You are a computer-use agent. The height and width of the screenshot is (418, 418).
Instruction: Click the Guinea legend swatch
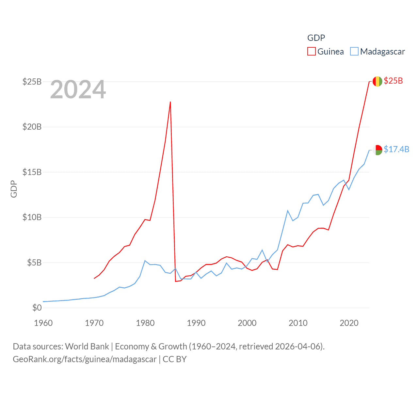pos(312,52)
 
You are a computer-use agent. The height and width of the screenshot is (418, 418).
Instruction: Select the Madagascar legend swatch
pos(354,52)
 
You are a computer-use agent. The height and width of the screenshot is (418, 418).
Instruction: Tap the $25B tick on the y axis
pos(32,82)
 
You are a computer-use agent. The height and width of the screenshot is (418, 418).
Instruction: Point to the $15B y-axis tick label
pos(32,172)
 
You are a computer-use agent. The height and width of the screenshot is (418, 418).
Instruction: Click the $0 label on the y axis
pos(37,308)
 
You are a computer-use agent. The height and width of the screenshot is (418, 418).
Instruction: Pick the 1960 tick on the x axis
pos(43,323)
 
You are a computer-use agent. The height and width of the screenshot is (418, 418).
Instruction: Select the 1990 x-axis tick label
pos(196,323)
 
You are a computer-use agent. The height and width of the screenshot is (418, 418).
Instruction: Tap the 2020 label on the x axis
pos(349,323)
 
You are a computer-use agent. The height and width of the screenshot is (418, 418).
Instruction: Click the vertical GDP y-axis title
pos(14,189)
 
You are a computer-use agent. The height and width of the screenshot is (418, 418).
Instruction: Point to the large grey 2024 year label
pos(78,89)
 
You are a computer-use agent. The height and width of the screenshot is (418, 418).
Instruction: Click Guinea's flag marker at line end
pos(378,81)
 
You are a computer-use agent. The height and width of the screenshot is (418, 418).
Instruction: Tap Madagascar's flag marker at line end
pos(378,150)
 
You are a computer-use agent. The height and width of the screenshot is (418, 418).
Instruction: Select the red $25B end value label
pos(393,81)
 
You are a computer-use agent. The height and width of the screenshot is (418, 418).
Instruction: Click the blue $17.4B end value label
pos(396,149)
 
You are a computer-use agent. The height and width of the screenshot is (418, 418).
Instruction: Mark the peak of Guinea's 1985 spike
pos(170,102)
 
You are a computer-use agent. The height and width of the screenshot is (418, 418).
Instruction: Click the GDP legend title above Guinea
pos(316,38)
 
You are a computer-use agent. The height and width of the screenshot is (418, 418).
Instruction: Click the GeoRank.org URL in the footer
pos(85,359)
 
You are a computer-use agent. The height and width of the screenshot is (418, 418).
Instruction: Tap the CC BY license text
pos(175,359)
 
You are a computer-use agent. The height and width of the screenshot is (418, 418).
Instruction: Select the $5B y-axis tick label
pos(34,263)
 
